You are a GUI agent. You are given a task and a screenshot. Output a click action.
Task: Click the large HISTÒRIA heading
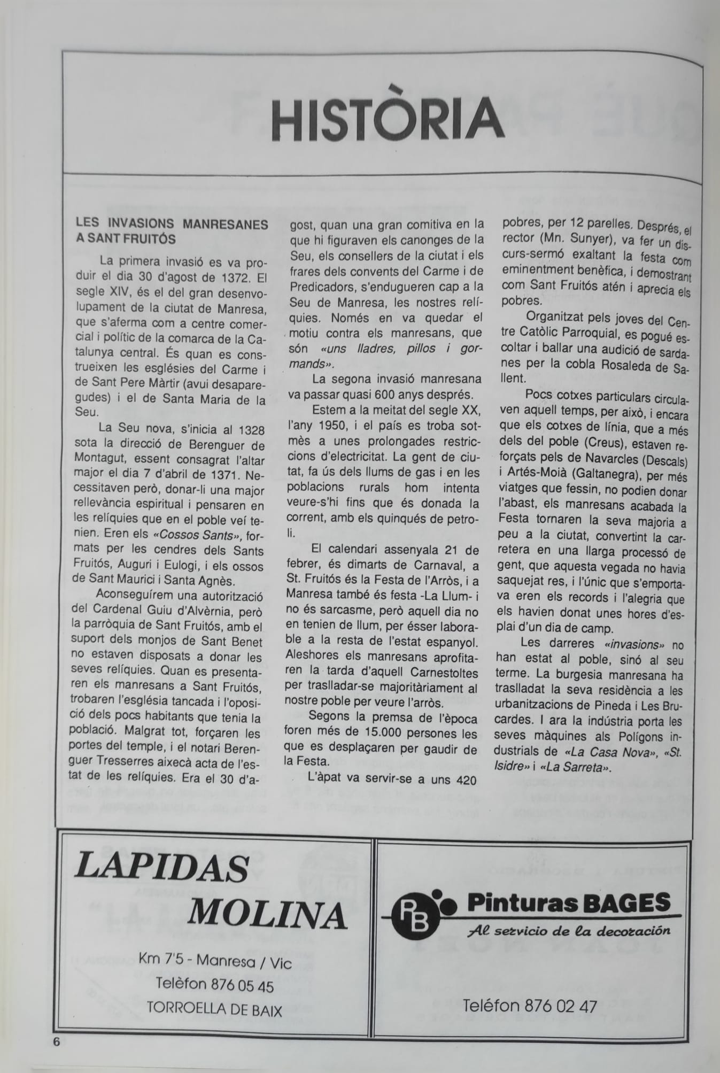387,119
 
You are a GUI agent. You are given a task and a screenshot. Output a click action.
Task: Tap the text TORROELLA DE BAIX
214,1009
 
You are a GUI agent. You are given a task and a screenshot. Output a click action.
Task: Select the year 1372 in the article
234,279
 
